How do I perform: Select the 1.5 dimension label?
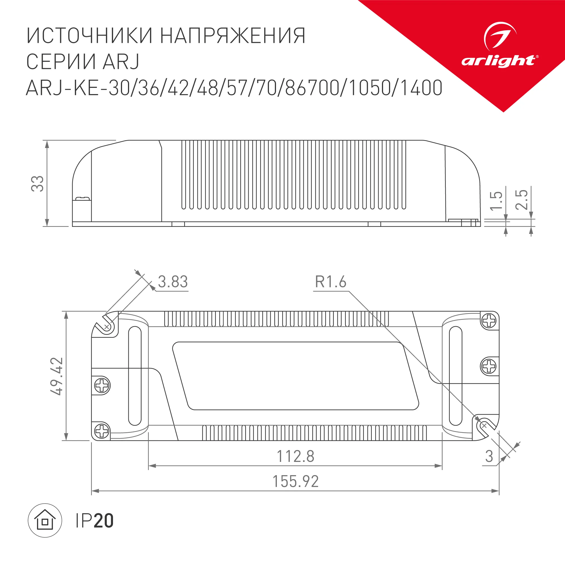point(496,201)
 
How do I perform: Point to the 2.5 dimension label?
point(521,200)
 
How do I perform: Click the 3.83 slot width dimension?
point(173,282)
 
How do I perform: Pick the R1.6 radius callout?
point(331,282)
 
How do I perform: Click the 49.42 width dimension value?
point(57,376)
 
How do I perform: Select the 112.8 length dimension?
point(295,456)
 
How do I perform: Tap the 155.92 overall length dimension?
point(295,481)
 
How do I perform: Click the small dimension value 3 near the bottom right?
point(489,457)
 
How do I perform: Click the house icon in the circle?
point(45,521)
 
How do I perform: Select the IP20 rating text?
point(94,521)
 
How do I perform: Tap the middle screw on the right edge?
point(489,366)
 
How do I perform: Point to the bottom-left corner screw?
point(102,431)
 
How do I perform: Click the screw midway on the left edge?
point(102,385)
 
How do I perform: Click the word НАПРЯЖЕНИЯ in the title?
point(233,36)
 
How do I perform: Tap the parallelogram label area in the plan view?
point(295,376)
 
